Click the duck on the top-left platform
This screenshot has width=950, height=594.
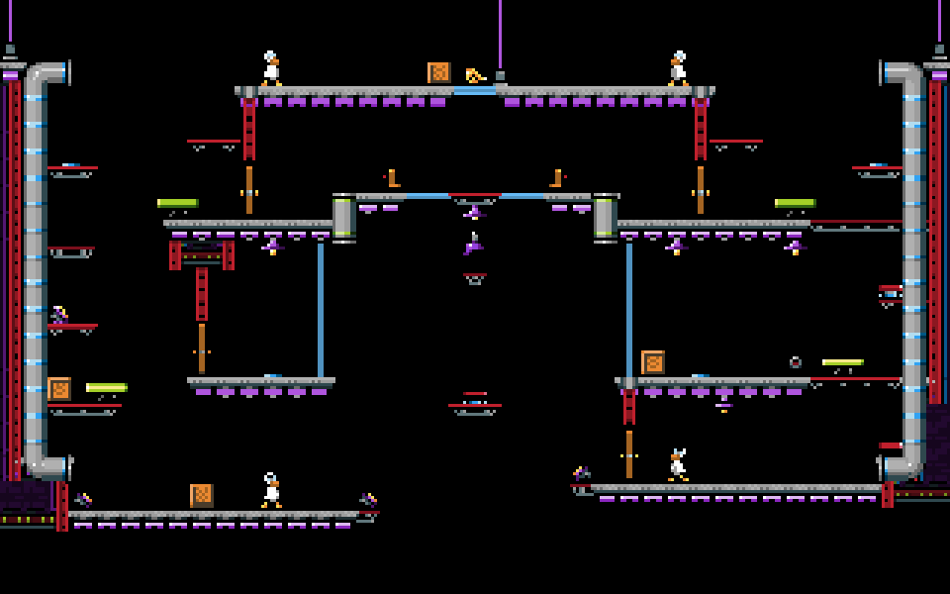click(271, 69)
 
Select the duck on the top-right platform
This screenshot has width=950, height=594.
click(678, 69)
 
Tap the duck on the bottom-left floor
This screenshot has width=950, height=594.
click(271, 491)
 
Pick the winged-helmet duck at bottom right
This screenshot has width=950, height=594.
click(678, 465)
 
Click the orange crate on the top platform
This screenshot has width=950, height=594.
click(438, 72)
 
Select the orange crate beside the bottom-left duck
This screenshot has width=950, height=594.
click(202, 495)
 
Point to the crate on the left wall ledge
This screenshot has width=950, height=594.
click(59, 389)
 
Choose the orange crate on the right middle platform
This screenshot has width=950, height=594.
click(653, 362)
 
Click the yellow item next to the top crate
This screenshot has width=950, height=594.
click(474, 75)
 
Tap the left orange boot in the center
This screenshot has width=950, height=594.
click(393, 178)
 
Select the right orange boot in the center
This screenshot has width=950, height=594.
click(557, 178)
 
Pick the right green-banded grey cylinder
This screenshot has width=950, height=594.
click(605, 218)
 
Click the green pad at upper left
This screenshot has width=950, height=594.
click(178, 203)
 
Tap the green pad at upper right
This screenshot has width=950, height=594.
click(795, 203)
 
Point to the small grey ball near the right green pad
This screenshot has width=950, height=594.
click(795, 362)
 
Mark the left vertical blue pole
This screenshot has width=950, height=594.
click(321, 309)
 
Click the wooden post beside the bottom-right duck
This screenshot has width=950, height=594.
click(629, 453)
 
